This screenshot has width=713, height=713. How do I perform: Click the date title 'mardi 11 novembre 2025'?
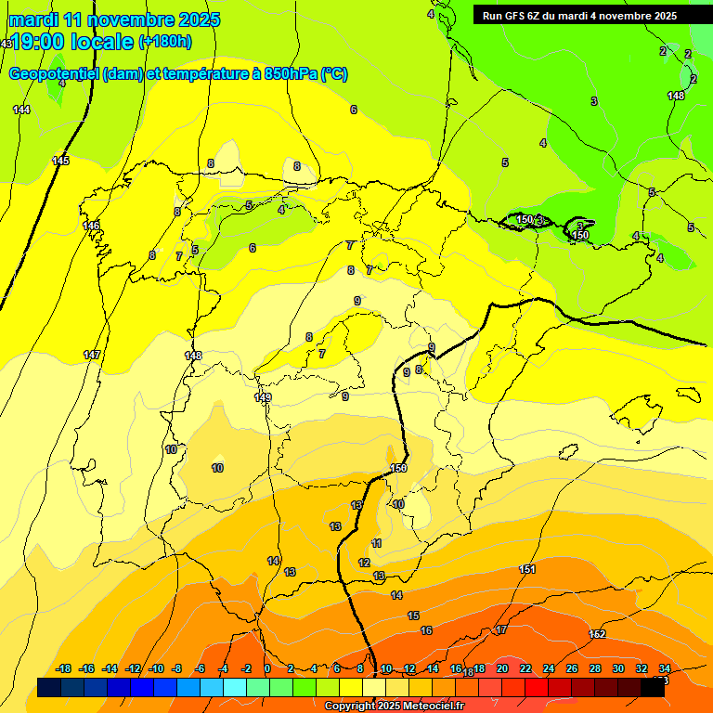coord(114,19)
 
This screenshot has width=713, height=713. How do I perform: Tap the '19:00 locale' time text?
coord(72,41)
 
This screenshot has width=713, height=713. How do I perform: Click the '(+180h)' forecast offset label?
coord(165,41)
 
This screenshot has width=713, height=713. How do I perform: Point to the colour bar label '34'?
coord(665,668)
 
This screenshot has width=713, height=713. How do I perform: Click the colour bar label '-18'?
coord(64,668)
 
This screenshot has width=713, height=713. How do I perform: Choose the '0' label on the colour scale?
coord(267,668)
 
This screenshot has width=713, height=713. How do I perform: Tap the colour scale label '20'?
coord(502,668)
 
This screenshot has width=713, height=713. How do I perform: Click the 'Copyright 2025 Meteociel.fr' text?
coord(395,706)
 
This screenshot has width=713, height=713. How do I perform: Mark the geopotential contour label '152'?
coord(597,634)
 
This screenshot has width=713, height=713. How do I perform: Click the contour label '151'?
coord(527,569)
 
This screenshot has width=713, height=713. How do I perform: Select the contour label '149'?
coord(263,397)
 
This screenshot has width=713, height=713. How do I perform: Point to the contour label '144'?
coord(21,110)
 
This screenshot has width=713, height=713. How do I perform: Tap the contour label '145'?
coord(60,161)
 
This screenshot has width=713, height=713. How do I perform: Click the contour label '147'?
coord(92,356)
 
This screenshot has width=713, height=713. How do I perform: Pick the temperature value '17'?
coord(500,630)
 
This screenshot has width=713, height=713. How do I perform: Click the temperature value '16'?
coord(426,630)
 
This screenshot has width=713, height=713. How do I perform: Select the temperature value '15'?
coord(413,616)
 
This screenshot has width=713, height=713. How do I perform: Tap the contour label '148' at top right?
coord(676,96)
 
